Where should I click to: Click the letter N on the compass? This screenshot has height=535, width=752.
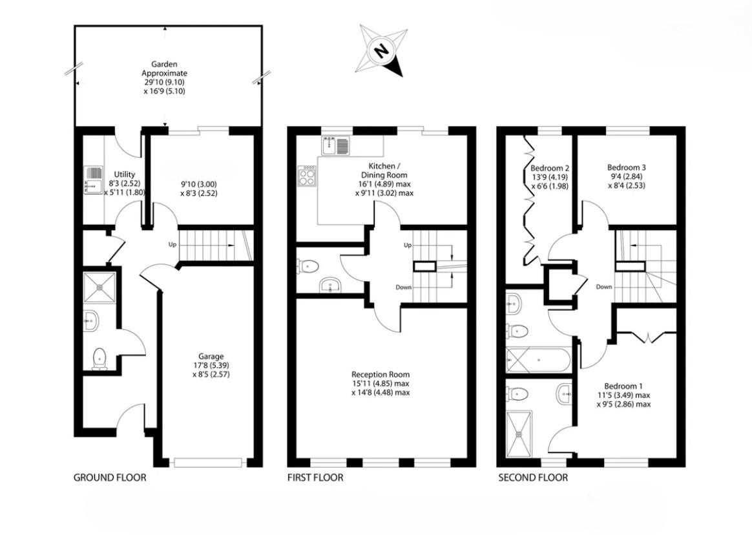point(381,50)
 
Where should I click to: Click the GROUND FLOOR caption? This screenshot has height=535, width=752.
point(110,477)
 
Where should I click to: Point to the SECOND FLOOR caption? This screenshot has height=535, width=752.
point(533,477)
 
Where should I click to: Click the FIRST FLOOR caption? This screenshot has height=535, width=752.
point(315,477)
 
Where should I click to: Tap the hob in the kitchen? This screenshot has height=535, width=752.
point(307,176)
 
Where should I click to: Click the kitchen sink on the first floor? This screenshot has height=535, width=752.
point(336,146)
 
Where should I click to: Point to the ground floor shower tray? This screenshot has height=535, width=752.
point(99,288)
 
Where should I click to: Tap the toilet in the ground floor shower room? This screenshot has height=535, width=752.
point(99,359)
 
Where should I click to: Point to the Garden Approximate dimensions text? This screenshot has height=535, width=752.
point(165,78)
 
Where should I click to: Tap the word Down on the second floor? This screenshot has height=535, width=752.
point(604,287)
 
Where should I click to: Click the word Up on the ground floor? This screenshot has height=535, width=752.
point(172,245)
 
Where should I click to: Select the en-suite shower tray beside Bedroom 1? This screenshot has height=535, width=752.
point(519,431)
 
